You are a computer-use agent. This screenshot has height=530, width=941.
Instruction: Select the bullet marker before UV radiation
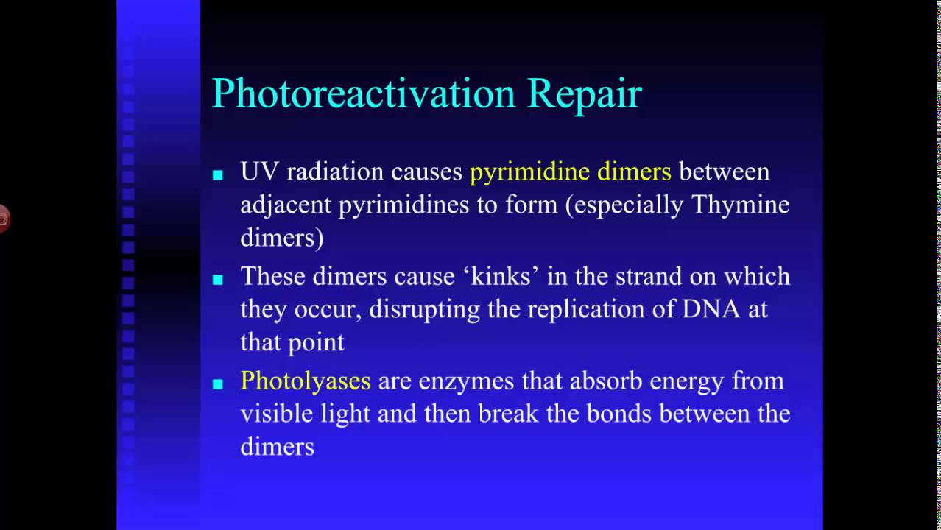click(217, 175)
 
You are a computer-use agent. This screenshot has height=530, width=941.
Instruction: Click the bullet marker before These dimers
click(217, 280)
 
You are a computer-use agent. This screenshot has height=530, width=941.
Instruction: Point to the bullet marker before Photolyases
click(217, 384)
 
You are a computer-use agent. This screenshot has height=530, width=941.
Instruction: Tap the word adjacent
click(286, 205)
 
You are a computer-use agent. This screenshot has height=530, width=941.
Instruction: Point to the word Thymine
click(741, 205)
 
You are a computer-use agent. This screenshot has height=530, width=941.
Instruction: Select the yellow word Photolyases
click(306, 381)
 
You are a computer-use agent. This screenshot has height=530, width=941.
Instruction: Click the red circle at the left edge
click(3, 219)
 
